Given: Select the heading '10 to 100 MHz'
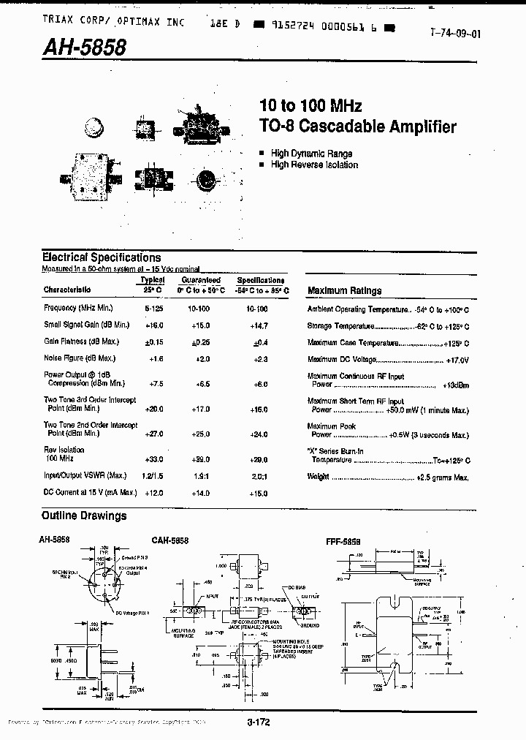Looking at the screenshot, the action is pyautogui.click(x=310, y=107).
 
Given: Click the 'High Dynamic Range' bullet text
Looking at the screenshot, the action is pyautogui.click(x=311, y=154).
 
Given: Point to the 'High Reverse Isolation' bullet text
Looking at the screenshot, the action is pyautogui.click(x=314, y=165).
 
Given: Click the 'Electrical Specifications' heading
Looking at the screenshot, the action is pyautogui.click(x=102, y=257).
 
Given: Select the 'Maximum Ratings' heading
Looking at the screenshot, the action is pyautogui.click(x=344, y=290).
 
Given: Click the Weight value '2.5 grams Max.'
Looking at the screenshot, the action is pyautogui.click(x=442, y=477).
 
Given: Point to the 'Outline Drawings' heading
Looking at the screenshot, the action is pyautogui.click(x=84, y=516).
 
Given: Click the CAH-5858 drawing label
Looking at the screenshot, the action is pyautogui.click(x=170, y=540).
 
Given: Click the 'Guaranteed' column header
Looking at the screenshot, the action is pyautogui.click(x=201, y=280).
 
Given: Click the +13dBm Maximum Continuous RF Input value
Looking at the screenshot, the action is pyautogui.click(x=456, y=385).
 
